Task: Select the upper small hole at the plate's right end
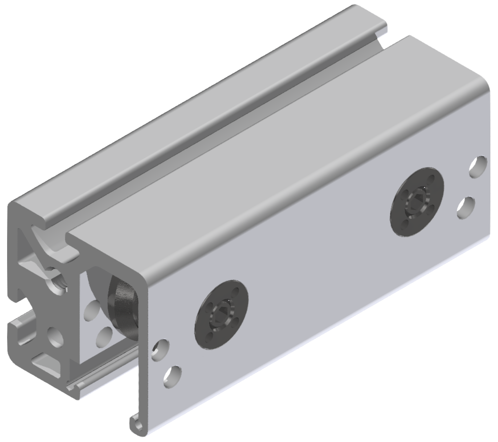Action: (478, 167)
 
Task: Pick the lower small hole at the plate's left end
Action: (172, 375)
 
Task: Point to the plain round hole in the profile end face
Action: (54, 337)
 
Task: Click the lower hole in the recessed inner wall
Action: (105, 335)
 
